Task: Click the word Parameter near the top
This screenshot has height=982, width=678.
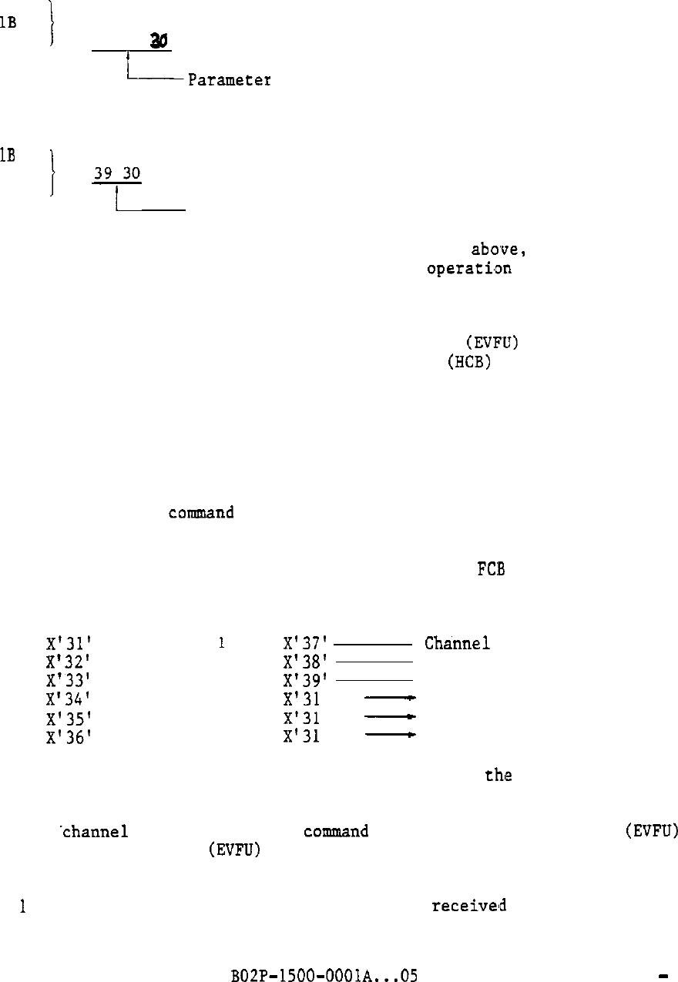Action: coord(229,80)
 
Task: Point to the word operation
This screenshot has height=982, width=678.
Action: coord(469,269)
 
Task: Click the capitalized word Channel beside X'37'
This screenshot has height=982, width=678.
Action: coord(458,644)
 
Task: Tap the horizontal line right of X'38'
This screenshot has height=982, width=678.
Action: coord(374,662)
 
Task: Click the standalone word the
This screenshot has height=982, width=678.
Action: coord(498,776)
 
